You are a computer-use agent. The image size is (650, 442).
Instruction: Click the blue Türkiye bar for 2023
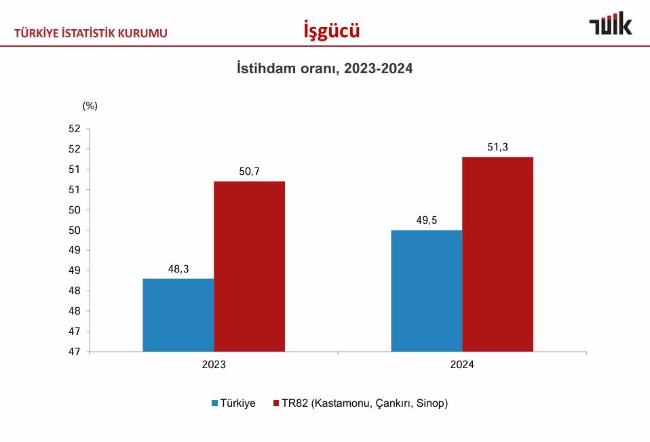[178, 315]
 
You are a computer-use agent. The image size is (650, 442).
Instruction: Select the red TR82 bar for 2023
[249, 266]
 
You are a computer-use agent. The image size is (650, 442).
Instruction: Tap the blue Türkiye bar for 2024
[427, 291]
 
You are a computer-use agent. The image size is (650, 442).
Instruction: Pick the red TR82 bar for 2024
[497, 254]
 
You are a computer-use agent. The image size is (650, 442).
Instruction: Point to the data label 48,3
[178, 269]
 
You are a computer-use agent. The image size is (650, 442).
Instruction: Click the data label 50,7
[249, 172]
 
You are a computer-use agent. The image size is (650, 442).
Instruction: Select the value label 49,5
[427, 220]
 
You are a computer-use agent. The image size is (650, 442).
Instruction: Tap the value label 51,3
[497, 147]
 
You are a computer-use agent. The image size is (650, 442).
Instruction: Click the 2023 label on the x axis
[214, 365]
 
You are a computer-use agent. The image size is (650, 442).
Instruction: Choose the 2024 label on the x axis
[462, 365]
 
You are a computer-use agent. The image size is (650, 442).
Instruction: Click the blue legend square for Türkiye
[214, 403]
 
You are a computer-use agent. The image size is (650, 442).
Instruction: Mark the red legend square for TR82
[276, 403]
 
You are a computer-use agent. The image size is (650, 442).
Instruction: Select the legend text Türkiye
[237, 403]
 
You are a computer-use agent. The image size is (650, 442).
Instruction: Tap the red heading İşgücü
[331, 31]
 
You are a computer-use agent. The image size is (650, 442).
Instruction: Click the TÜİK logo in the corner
[610, 24]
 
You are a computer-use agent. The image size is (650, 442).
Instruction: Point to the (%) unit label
[90, 106]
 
